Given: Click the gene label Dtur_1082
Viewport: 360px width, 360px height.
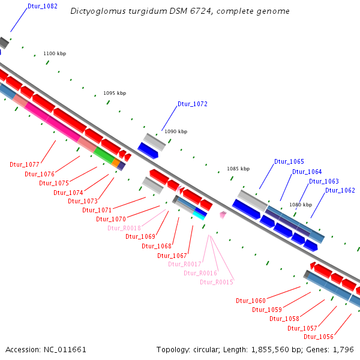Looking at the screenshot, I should [43, 6].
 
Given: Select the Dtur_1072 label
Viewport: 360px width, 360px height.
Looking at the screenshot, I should [192, 104].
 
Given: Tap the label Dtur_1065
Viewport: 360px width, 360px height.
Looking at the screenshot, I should [289, 161].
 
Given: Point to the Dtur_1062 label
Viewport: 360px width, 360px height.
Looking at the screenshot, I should [340, 190].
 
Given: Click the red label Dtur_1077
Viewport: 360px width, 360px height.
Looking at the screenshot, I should [25, 164].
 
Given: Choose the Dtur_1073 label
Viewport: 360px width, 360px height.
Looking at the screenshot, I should [82, 201].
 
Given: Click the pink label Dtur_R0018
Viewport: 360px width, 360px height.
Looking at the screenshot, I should [124, 228].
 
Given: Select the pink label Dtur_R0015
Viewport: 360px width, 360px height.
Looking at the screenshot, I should [216, 282].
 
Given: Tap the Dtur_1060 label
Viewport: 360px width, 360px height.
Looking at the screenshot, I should [250, 301].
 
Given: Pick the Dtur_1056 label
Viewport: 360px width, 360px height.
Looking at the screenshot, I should [318, 337].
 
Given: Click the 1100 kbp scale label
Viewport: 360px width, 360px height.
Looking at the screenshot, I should [55, 53].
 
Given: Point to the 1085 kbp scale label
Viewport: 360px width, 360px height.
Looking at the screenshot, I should [238, 169].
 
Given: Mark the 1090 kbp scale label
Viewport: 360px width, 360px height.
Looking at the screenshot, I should [176, 131].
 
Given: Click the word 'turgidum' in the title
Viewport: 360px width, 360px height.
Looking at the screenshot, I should [131, 11].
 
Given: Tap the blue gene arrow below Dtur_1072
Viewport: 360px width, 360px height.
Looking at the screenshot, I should [148, 150].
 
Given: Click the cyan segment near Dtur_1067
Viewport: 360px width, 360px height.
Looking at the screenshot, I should [199, 216].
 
